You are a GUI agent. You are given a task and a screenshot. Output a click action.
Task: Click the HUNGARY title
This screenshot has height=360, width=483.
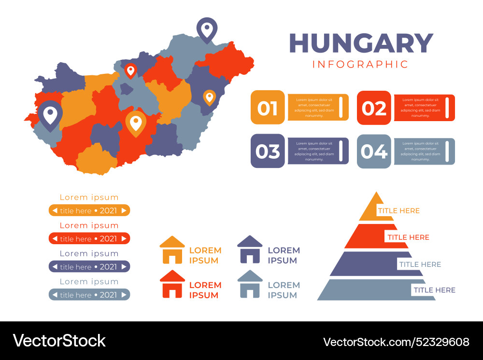click(x=361, y=43)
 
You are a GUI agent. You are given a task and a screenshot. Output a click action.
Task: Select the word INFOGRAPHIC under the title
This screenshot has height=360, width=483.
click(x=360, y=64)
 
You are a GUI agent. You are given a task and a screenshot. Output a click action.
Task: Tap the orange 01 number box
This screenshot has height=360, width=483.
click(x=268, y=108)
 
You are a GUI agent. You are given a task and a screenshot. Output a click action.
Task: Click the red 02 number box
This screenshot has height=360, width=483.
click(x=374, y=108)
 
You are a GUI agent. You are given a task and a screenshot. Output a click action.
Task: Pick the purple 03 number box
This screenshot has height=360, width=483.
click(x=268, y=151)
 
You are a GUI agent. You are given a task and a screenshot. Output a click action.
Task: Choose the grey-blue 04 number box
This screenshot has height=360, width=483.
click(x=374, y=151)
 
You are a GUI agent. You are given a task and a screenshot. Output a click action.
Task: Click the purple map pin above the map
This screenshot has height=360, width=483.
click(x=207, y=29)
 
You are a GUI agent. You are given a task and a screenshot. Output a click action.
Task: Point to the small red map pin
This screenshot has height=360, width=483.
click(x=130, y=70)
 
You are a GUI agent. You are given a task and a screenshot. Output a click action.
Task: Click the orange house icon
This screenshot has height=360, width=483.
click(x=172, y=250)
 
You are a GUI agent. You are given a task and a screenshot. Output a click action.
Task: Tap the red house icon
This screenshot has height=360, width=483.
click(x=172, y=284)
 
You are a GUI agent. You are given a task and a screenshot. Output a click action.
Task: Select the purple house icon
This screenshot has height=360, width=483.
click(x=250, y=249)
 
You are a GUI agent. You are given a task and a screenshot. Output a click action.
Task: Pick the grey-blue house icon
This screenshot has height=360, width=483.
click(x=250, y=284)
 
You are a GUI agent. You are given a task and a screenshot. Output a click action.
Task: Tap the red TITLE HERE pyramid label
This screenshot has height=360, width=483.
click(x=408, y=237)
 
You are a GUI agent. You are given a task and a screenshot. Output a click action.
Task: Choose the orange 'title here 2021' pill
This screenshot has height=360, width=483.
click(x=89, y=210)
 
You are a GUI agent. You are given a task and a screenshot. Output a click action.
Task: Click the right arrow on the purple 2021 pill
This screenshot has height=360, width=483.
click(x=124, y=267)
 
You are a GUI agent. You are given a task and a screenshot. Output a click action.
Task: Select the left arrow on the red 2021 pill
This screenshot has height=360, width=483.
click(x=55, y=239)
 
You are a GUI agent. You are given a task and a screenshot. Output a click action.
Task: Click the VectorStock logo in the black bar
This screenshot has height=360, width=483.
click(x=59, y=341)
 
